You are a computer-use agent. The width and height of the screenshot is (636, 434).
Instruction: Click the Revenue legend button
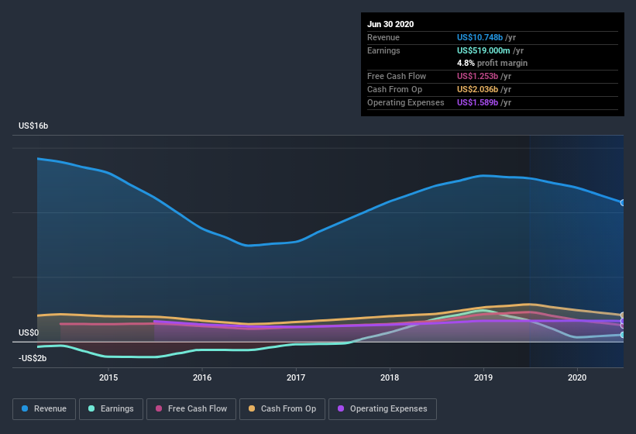44,408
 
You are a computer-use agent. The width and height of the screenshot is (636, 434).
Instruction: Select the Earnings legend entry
112,408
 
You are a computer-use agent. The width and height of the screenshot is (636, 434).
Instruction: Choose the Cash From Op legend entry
284,408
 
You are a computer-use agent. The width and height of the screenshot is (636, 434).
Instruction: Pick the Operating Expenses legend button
382,408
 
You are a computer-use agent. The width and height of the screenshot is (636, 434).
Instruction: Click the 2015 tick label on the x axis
108,377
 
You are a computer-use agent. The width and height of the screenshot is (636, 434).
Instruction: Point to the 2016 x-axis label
202,377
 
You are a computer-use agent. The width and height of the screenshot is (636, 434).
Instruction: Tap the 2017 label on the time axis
296,377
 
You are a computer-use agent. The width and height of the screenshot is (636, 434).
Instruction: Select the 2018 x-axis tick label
390,377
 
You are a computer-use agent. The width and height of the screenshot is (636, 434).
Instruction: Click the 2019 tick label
483,377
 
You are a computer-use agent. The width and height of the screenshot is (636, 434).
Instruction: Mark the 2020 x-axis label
577,377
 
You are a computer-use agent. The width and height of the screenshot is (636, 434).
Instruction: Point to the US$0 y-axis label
29,332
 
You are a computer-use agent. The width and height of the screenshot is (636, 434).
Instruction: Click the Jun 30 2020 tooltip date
390,24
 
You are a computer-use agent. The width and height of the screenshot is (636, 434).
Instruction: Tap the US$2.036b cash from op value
481,89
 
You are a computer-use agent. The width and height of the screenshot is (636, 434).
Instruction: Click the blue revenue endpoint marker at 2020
623,203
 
